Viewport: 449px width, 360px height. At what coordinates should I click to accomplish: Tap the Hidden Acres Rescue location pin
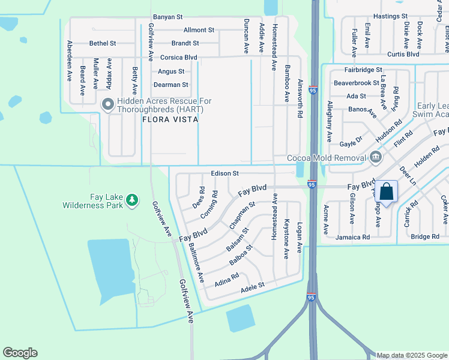pos(108,104)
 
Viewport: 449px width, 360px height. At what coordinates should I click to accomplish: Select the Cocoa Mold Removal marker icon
pos(376,158)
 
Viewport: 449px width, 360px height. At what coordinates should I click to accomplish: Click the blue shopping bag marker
pos(387,192)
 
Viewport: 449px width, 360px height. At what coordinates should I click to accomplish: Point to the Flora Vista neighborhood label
pos(170,119)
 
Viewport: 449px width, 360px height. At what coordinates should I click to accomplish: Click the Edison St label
pos(225,173)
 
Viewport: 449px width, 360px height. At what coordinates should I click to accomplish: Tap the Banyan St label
pos(168,18)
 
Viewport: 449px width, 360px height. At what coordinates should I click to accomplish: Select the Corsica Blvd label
pos(178,58)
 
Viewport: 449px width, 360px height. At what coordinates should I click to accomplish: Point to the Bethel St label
pos(103,44)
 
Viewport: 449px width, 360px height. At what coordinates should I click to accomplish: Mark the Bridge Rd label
pos(425,237)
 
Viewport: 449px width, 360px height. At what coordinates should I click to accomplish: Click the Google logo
pos(20,353)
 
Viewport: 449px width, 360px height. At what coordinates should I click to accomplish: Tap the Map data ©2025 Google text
pos(412,355)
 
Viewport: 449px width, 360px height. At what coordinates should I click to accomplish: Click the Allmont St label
pos(199,30)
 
